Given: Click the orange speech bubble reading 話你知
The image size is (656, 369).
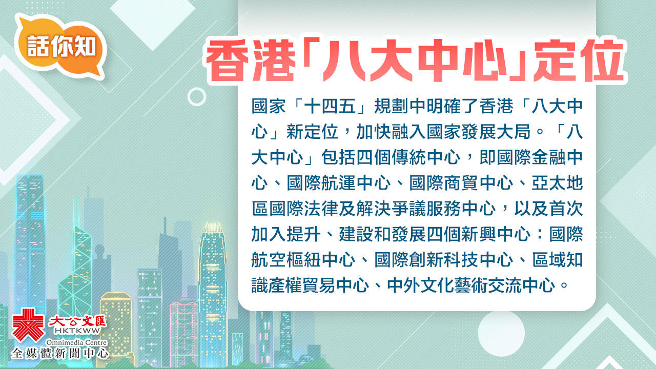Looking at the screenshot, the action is point(60,47).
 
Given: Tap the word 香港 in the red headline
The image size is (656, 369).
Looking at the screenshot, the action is point(251,60).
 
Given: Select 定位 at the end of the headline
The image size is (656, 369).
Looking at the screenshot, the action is point(579,60).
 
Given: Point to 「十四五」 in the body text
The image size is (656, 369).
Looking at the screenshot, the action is point(330,106).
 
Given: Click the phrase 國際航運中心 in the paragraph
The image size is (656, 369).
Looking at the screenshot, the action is point(339,183).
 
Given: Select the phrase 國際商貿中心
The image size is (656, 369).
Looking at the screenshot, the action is point(461,183).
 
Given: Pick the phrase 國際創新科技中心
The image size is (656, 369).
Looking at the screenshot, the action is point(444,260).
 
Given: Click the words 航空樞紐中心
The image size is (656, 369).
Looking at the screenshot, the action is point(303,260).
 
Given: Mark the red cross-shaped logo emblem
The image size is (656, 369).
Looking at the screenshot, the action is point(28,325).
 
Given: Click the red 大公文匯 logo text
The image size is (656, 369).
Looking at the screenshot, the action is point(77,321).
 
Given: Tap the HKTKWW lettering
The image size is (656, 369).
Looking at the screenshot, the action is point(77,331).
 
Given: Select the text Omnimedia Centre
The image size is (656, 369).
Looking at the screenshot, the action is point(77,342).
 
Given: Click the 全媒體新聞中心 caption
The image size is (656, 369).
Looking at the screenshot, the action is point(60,354).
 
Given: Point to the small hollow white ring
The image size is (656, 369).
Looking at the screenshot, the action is point(197,89).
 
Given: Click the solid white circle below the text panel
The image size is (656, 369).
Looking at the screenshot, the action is point(501,333).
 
